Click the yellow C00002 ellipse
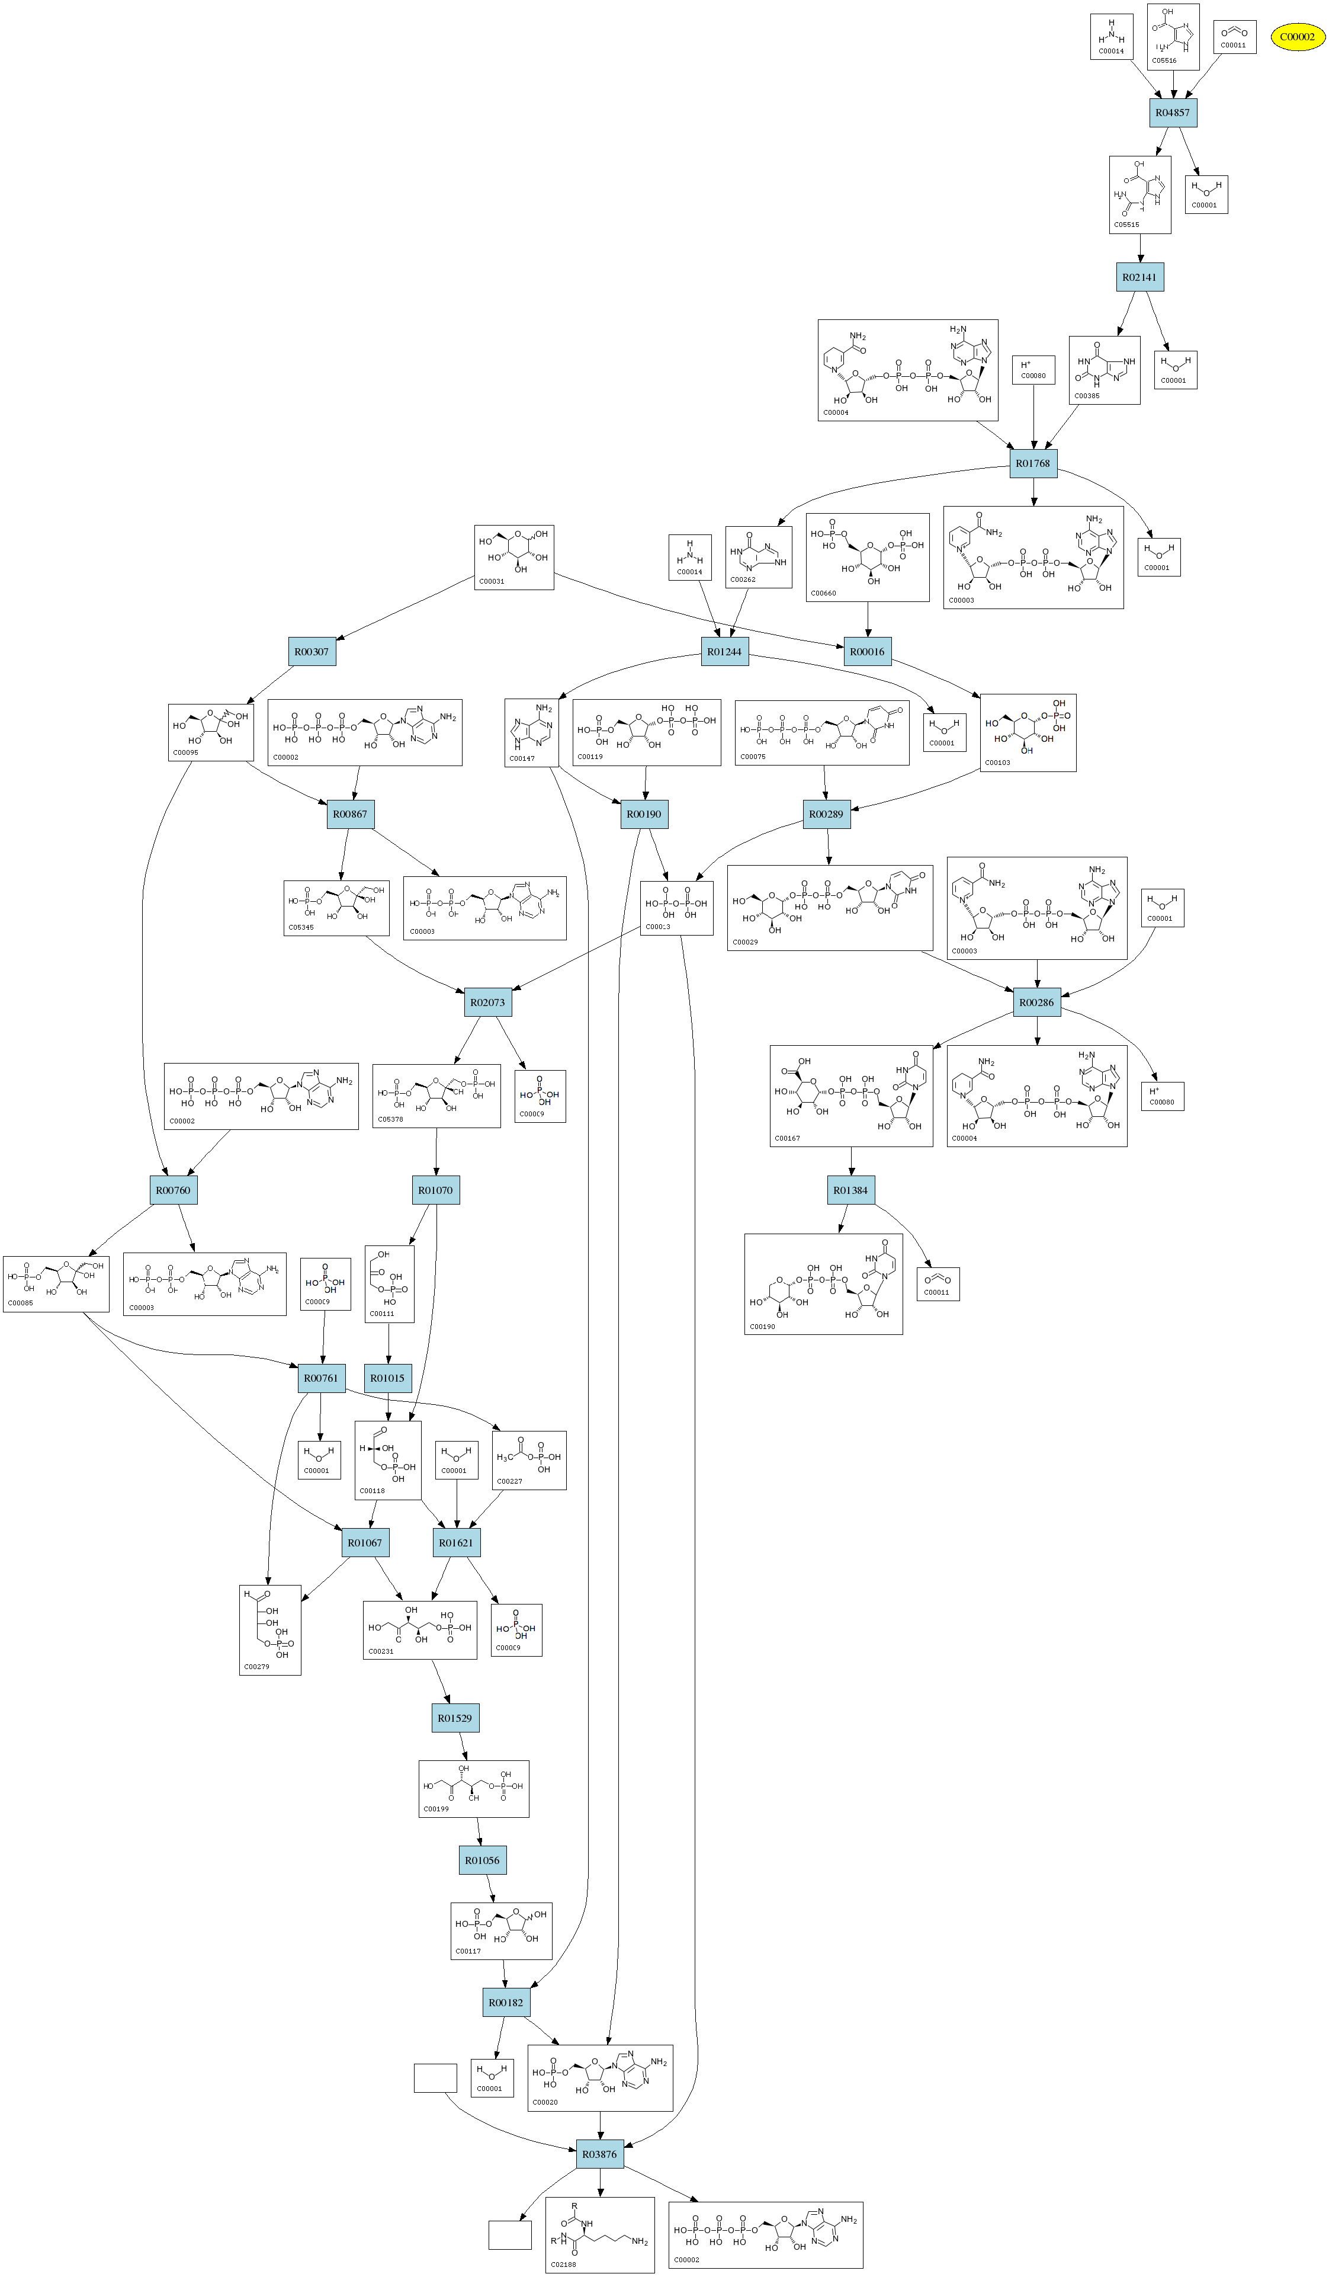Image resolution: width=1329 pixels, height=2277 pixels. click(1298, 37)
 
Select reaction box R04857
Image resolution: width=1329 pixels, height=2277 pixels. click(1173, 113)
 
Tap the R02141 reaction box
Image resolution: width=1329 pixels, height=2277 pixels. click(1139, 277)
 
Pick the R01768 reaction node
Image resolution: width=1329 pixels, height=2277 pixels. click(1033, 463)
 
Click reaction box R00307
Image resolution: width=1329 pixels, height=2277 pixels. click(312, 652)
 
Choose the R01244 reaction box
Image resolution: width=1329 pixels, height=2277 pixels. click(724, 652)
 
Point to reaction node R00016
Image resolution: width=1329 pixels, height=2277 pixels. click(867, 652)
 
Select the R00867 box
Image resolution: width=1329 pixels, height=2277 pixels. click(349, 814)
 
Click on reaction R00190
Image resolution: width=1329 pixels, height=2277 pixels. click(644, 814)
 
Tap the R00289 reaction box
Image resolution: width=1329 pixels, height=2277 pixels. click(826, 814)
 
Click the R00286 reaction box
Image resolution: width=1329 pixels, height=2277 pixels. click(1036, 1002)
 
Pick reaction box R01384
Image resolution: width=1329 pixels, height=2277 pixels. click(850, 1190)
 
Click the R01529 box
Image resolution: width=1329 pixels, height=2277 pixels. click(454, 1718)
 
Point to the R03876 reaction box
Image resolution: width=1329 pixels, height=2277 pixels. click(599, 2154)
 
